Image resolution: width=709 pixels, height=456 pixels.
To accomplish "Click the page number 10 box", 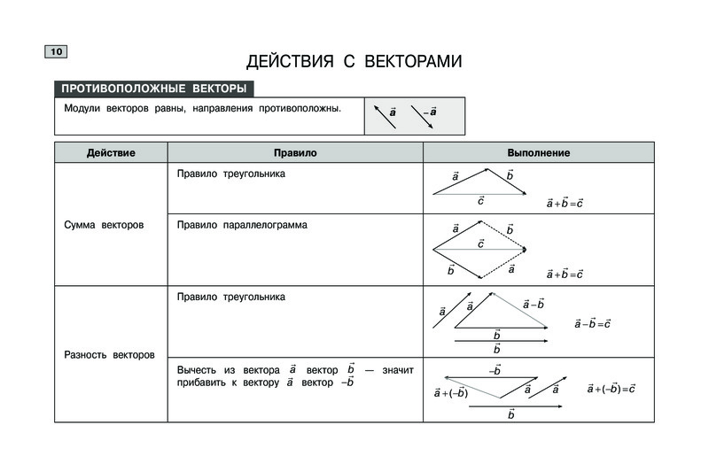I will point(55,53).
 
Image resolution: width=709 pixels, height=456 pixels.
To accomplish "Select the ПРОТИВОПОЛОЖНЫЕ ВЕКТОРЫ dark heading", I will point(153,89).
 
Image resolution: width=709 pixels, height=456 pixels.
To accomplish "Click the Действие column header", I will point(111,153).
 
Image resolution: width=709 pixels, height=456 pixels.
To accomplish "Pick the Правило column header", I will point(295,153).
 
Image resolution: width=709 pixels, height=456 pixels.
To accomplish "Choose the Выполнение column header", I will point(538,153).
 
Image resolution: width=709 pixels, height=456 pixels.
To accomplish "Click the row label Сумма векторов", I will point(105,225).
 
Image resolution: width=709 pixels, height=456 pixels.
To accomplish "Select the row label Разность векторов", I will point(109,355).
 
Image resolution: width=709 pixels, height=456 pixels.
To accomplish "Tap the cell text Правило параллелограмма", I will point(242,225).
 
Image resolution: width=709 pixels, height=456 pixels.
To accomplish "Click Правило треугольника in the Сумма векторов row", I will point(231,174).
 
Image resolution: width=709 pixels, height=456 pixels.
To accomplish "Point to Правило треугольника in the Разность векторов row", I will point(231,297).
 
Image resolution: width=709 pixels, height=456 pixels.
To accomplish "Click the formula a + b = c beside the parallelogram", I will point(565,274).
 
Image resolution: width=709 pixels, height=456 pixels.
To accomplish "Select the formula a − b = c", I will point(593,323).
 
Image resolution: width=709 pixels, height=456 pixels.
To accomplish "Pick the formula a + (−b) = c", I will point(612,388).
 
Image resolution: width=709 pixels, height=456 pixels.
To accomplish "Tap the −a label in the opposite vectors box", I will point(430,112).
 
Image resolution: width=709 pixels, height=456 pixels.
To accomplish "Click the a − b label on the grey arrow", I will point(533,304).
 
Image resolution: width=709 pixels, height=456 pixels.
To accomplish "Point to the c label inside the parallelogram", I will point(480,243).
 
